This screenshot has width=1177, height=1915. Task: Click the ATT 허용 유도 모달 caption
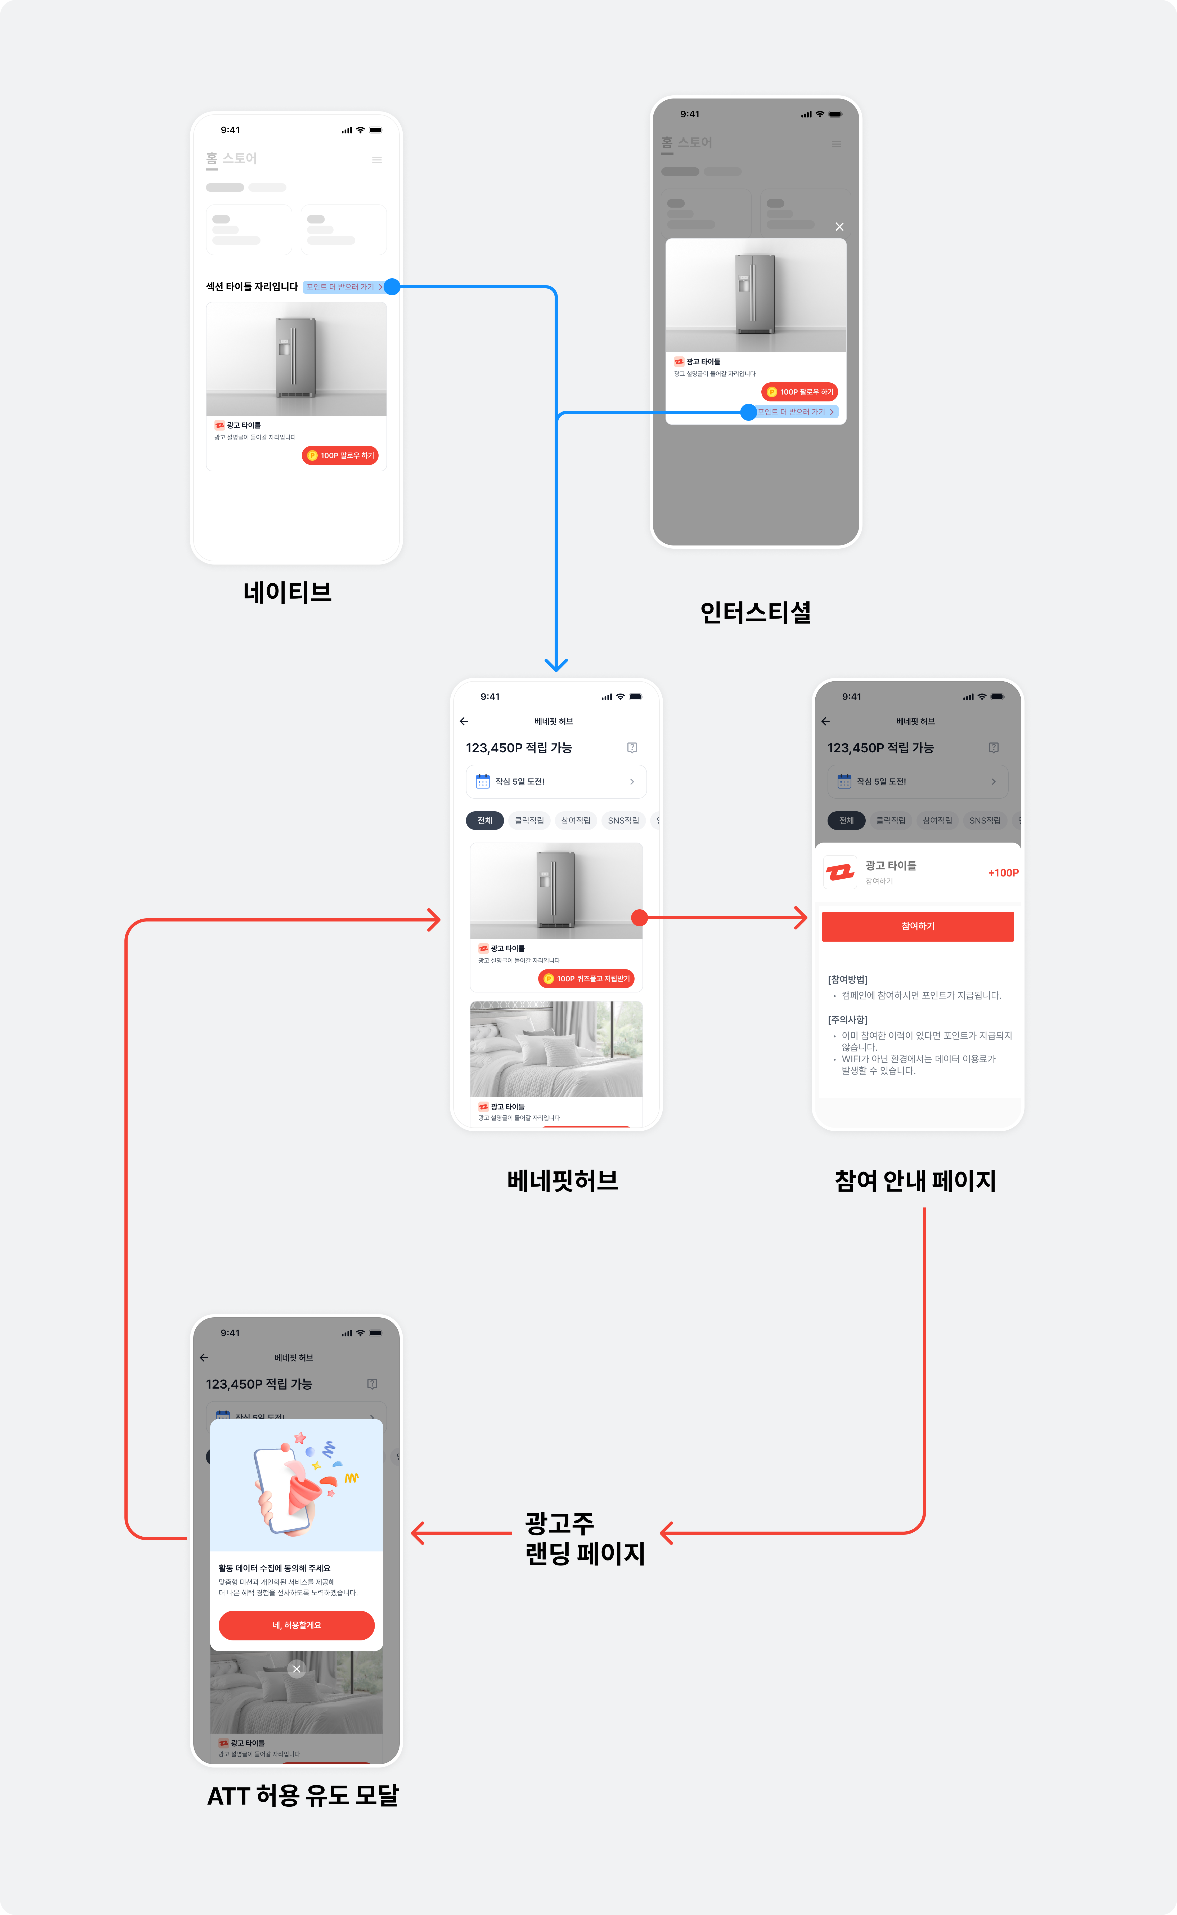303,1795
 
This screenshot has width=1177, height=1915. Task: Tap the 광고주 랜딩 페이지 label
585,1538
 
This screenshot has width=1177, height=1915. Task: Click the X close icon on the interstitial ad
839,226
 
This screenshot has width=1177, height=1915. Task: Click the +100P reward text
1003,873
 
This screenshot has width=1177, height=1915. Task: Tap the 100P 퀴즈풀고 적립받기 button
586,978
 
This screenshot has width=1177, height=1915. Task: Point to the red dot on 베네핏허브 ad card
639,918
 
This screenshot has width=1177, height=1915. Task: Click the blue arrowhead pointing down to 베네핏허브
556,664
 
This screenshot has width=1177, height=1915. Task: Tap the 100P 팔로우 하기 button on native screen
340,455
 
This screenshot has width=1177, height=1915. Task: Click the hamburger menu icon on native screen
377,160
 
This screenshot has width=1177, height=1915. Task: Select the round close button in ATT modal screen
297,1669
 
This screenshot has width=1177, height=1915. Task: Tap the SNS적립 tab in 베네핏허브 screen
623,821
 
